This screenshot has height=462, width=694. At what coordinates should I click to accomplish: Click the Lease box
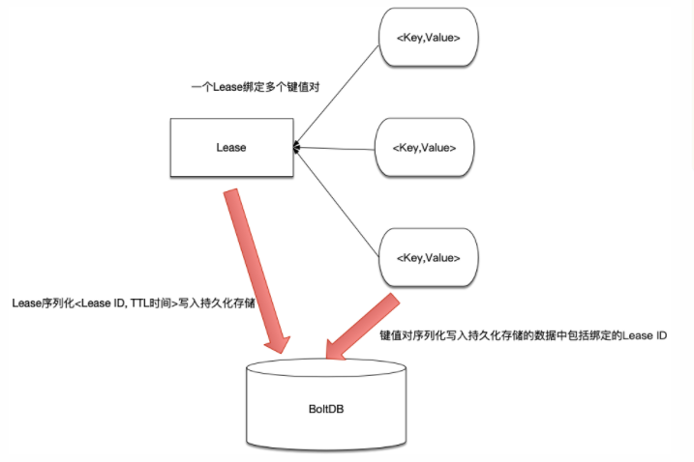231,147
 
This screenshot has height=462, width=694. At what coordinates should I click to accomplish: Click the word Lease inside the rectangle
231,148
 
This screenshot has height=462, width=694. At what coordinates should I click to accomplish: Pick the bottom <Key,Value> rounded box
429,258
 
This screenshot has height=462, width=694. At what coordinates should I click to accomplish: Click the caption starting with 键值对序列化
523,333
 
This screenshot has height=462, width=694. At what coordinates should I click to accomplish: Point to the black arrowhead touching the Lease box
298,147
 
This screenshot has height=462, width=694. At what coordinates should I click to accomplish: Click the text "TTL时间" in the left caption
148,303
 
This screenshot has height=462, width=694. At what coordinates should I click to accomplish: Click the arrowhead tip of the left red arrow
280,350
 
